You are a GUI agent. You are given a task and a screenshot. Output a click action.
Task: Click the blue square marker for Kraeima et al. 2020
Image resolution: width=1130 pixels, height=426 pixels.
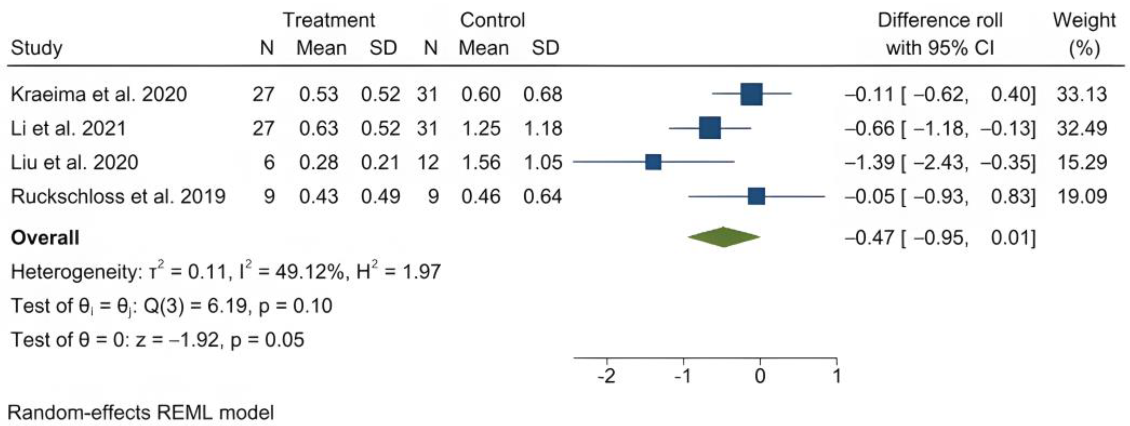pos(752,94)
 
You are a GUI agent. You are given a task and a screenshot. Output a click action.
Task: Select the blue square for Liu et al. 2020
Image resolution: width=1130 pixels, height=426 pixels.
pos(653,162)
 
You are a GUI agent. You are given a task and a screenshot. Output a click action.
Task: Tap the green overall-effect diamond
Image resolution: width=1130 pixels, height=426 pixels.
pos(724,237)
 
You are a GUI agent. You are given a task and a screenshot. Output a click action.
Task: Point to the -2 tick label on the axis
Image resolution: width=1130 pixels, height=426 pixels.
pos(606,376)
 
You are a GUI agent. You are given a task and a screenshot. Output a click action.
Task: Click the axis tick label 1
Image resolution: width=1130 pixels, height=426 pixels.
pos(837,376)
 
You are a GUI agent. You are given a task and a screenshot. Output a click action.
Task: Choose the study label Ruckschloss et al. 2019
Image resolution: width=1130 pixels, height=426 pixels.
pos(118,196)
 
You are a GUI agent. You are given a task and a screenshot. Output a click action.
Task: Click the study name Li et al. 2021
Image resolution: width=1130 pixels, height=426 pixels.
pos(68,128)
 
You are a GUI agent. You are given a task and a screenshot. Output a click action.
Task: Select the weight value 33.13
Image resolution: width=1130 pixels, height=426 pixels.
pos(1082,94)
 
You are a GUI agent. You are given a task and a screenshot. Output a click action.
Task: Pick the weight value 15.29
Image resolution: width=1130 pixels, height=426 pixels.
pos(1082,162)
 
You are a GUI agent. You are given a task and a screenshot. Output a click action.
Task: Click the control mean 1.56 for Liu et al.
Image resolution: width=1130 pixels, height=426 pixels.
pos(481,162)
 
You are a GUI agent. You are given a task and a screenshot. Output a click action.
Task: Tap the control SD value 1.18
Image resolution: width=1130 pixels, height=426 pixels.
pos(543,128)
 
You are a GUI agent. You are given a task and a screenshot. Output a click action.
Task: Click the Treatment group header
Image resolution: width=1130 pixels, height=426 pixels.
pos(328,20)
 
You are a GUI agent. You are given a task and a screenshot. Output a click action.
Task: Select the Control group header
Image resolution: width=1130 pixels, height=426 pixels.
pos(492,20)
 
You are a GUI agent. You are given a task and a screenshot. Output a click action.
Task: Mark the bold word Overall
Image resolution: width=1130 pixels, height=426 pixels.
pos(45,238)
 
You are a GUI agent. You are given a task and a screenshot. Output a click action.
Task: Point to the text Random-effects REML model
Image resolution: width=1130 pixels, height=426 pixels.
pos(141,412)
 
